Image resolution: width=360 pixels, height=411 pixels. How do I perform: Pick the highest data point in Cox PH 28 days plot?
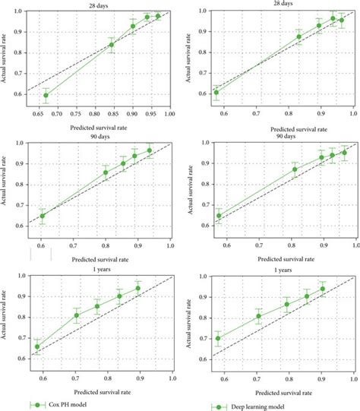coord(158,16)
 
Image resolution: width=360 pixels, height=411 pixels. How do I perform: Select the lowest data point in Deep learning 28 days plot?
coord(216,93)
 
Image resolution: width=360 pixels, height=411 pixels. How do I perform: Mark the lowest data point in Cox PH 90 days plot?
coord(43,216)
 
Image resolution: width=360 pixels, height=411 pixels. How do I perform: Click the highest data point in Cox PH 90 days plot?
coord(150,150)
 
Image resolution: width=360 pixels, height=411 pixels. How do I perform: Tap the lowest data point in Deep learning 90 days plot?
coord(219,216)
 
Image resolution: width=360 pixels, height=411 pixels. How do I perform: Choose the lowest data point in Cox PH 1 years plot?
coord(37,346)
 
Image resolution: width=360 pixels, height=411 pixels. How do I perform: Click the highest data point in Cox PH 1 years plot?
coord(138,289)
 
